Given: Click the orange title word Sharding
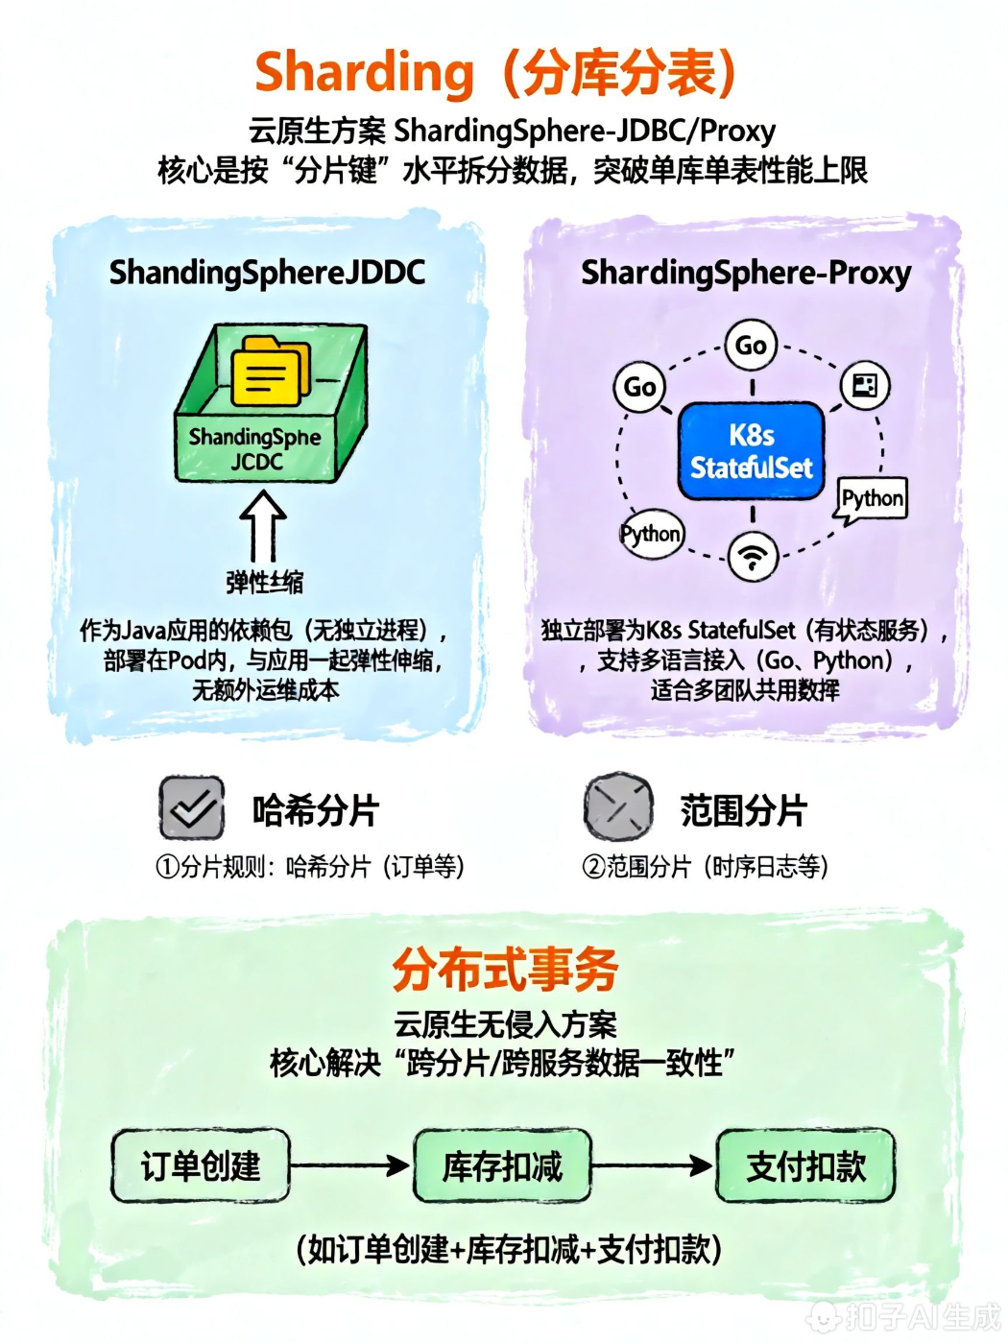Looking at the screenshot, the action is pos(365,73).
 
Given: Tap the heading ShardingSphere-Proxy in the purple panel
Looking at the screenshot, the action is pos(746,273).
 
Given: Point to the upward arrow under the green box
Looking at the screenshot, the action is pos(262,526).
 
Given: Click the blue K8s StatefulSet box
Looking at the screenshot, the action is pos(752,451).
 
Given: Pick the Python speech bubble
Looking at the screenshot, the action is pos(872,498).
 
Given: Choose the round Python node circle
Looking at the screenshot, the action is pos(651,534).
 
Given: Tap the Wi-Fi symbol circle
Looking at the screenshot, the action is pos(753,557).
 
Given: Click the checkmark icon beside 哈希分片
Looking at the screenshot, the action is pos(192,808).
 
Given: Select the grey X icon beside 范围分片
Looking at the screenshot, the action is pos(618,808).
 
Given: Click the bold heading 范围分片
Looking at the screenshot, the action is pos(743,810).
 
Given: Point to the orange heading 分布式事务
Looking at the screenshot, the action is pos(505,969).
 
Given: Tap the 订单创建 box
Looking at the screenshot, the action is pos(201,1166).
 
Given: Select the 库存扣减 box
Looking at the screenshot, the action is pos(502,1166).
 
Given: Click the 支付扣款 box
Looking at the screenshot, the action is pos(805,1166).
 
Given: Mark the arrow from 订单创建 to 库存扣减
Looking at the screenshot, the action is pos(350,1165).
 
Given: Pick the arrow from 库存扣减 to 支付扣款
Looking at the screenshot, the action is pos(653,1165).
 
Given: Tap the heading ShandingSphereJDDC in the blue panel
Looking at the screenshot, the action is pos(267,273).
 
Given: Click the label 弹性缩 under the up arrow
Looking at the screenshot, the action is pos(264,582).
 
